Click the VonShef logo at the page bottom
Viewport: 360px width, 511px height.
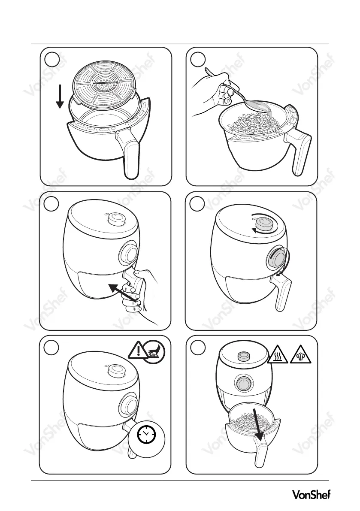click(x=311, y=495)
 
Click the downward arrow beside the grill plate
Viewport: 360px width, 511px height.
click(x=60, y=96)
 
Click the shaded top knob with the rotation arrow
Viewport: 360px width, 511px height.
click(x=264, y=224)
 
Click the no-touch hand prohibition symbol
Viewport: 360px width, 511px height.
click(x=154, y=351)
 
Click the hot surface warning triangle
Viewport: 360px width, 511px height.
click(x=277, y=354)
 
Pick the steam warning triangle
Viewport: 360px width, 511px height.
click(x=300, y=354)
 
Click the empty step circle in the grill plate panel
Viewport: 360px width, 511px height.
click(x=52, y=59)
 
